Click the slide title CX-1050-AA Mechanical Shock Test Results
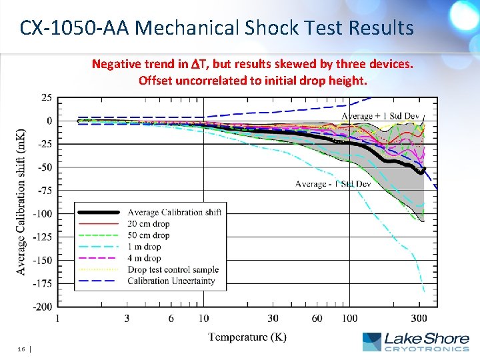point(217,28)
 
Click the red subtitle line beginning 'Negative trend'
point(252,64)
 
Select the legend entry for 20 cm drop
point(148,223)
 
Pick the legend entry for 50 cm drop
point(148,235)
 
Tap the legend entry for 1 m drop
point(144,247)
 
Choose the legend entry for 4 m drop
point(144,258)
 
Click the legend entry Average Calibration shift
point(174,212)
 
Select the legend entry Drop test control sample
point(173,269)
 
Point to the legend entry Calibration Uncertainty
point(171,281)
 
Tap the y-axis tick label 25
point(47,98)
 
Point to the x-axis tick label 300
point(419,319)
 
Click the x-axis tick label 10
point(203,319)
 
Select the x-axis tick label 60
point(317,319)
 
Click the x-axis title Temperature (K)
point(247,337)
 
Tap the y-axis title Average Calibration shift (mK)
point(21,201)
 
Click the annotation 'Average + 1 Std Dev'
point(379,116)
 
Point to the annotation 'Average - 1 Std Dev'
point(333,183)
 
